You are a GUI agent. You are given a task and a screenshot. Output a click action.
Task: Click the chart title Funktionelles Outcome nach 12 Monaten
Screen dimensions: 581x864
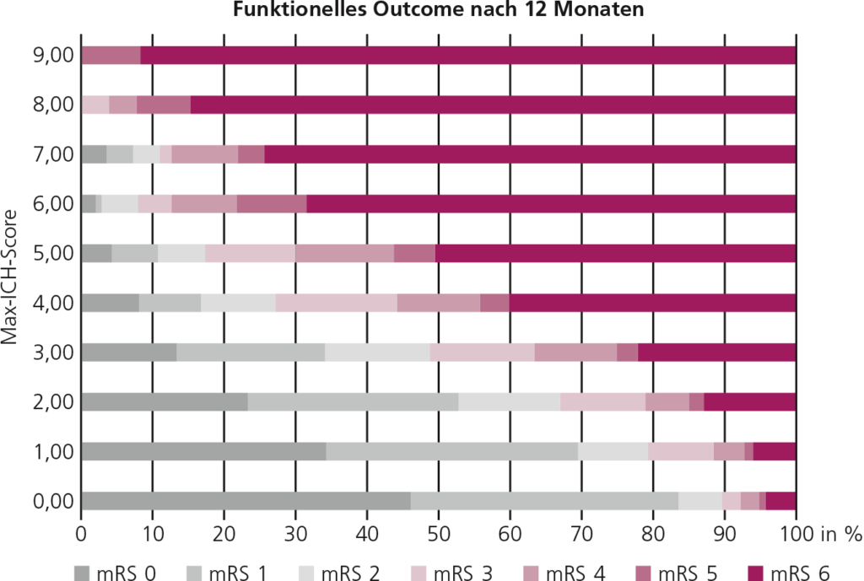point(439,11)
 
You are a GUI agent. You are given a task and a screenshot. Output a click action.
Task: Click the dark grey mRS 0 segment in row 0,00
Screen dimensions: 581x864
point(246,501)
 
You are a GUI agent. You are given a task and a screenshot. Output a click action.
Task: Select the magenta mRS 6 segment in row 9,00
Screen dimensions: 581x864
point(468,56)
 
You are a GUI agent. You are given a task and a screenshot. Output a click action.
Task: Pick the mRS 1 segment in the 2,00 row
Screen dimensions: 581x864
point(353,402)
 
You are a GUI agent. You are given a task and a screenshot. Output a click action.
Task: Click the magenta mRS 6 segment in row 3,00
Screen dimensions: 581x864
point(717,352)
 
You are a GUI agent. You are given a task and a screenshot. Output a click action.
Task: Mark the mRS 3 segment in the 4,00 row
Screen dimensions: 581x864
point(336,303)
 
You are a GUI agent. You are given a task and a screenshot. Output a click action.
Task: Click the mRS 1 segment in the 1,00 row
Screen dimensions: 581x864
point(451,452)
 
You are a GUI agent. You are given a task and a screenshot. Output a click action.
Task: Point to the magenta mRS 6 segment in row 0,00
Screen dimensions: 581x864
point(781,501)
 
